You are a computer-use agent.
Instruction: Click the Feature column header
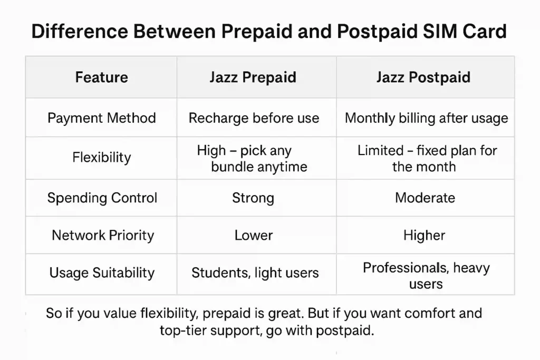102,77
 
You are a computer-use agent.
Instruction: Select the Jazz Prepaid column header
253,77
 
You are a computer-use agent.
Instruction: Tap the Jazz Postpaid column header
423,77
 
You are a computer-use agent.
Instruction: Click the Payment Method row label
102,118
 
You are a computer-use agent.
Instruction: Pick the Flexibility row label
102,158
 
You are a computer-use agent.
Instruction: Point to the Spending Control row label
102,198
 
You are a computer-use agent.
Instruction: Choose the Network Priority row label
103,236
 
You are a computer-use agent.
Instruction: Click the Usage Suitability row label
102,273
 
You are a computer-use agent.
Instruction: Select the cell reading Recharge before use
254,118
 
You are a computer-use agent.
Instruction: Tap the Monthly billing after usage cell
426,118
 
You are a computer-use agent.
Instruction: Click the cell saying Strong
253,198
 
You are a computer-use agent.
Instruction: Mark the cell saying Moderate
425,198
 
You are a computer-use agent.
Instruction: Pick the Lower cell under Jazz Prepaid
254,236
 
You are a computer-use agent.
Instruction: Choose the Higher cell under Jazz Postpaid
425,236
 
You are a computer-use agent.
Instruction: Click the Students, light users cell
255,273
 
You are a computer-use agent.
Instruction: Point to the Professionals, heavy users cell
426,276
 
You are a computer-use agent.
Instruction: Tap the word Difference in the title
80,31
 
